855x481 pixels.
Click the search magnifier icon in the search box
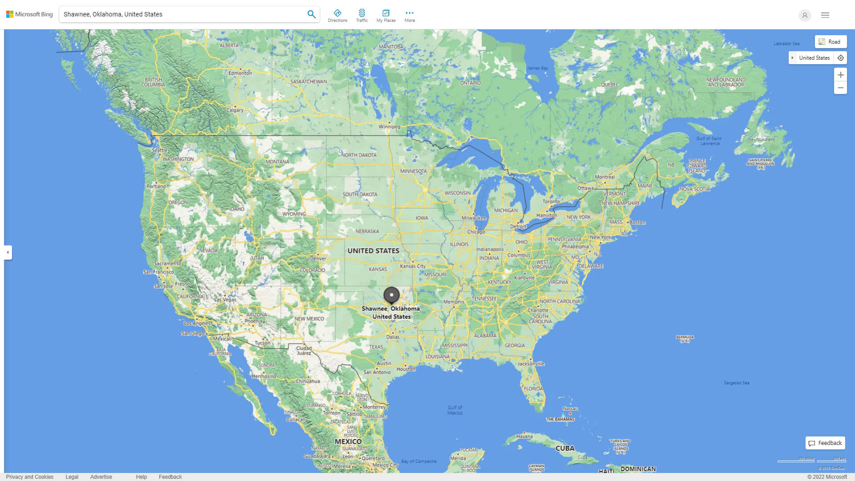point(311,14)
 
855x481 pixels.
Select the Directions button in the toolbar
point(337,16)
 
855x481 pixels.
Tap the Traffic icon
point(362,16)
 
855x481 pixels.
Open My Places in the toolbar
point(386,16)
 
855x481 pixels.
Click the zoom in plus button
point(840,75)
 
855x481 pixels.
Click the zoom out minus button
point(840,88)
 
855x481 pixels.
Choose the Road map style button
point(831,42)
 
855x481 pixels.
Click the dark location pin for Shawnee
point(391,295)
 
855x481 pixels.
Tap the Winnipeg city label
point(389,127)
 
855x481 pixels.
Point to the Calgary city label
point(235,110)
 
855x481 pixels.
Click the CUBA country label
point(565,448)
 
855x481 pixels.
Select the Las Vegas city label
point(225,300)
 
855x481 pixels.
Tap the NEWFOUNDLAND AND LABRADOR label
point(725,82)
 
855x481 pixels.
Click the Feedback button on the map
point(825,443)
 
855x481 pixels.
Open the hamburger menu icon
point(825,15)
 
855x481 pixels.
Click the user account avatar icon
point(804,15)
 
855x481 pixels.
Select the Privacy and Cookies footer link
point(30,477)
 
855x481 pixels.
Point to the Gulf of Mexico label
point(455,410)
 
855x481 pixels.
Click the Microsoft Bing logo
point(29,14)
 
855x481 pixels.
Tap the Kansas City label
point(413,266)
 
